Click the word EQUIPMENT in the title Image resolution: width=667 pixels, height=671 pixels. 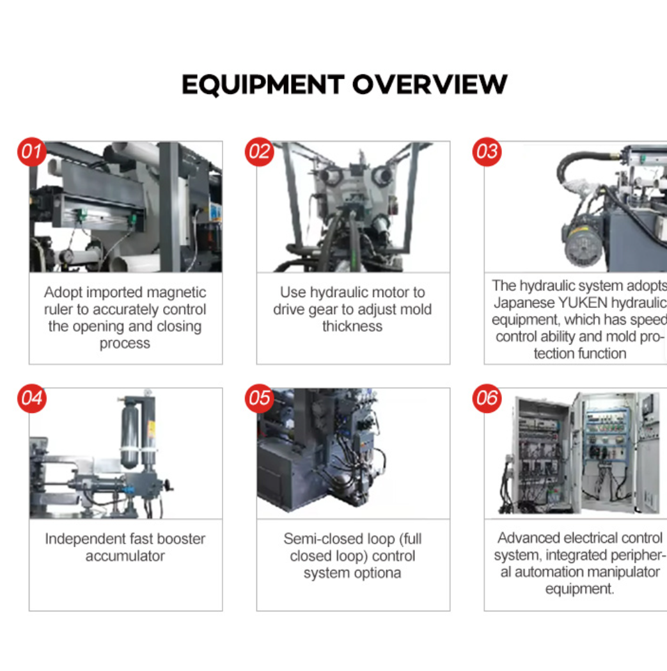point(263,85)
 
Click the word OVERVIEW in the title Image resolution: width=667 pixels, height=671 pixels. point(430,85)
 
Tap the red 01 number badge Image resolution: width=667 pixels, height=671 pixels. point(31,152)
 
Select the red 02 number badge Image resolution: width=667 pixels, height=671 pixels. point(260,152)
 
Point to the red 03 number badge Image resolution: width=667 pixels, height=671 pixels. point(487,152)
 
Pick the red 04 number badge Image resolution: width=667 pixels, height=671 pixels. point(31,398)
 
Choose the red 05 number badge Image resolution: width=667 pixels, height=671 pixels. point(260,398)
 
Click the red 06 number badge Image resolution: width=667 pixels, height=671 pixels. point(487,398)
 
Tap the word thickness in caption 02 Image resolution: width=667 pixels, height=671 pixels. point(352,327)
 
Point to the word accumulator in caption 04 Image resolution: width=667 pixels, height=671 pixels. point(125,556)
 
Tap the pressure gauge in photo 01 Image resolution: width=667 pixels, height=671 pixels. point(67,256)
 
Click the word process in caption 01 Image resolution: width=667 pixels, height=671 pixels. point(125,344)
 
